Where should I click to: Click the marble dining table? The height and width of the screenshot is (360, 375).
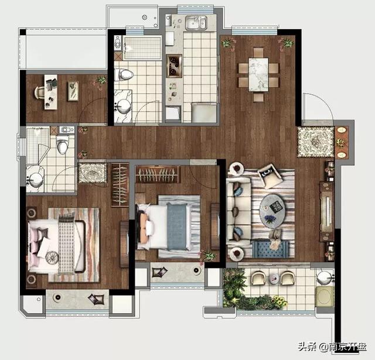[258, 74]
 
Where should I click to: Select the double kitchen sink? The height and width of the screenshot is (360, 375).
[196, 23]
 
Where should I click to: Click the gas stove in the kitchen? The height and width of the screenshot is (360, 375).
[174, 66]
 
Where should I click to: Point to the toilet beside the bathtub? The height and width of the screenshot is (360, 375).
[124, 74]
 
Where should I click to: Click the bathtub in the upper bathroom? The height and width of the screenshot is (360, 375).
[142, 47]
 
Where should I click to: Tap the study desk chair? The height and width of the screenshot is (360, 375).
[39, 92]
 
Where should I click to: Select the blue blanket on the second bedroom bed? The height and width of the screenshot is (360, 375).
[176, 227]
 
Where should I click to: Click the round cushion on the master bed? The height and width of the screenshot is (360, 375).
[52, 258]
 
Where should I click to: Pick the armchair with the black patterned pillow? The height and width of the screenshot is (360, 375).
[270, 175]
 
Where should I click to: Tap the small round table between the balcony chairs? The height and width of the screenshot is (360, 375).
[274, 278]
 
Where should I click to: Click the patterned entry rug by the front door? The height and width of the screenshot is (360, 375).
[315, 142]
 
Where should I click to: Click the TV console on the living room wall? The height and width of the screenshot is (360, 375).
[327, 211]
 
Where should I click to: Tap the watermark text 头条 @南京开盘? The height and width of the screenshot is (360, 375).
[332, 347]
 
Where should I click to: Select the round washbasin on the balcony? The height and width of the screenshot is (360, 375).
[325, 278]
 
